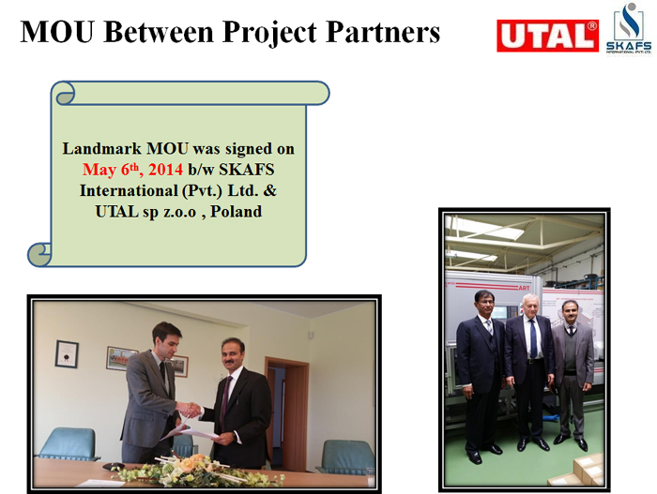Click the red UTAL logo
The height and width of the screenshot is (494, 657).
[547, 36]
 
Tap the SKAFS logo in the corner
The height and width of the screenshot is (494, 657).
[629, 29]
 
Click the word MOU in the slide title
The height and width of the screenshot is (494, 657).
[57, 32]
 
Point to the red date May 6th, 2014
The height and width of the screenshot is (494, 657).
[132, 170]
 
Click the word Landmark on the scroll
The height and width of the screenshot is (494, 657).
[101, 149]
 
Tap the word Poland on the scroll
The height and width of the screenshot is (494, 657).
[236, 212]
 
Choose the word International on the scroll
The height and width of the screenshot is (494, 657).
[129, 190]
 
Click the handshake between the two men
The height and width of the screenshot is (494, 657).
[189, 409]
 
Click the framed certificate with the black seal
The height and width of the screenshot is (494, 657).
[67, 354]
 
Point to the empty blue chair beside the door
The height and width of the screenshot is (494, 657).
[345, 457]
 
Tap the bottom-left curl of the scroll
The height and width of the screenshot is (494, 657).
[39, 254]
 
